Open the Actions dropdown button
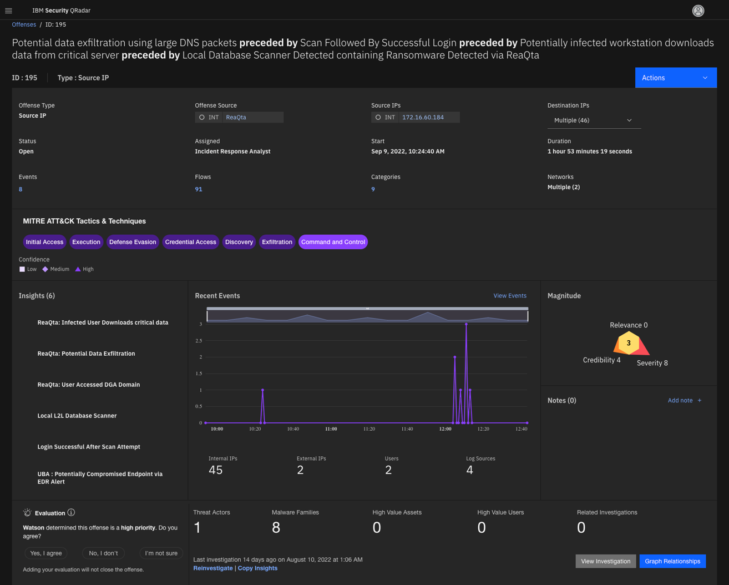pyautogui.click(x=675, y=78)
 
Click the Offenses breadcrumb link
pyautogui.click(x=24, y=24)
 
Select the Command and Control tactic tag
pyautogui.click(x=333, y=242)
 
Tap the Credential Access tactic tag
pyautogui.click(x=190, y=242)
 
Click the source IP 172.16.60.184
pyautogui.click(x=423, y=117)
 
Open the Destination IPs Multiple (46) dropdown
pyautogui.click(x=593, y=120)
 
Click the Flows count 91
pyautogui.click(x=199, y=189)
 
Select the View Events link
pyautogui.click(x=509, y=296)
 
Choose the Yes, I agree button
pyautogui.click(x=46, y=553)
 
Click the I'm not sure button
pyautogui.click(x=161, y=553)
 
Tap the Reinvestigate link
pyautogui.click(x=213, y=568)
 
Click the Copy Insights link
pyautogui.click(x=257, y=568)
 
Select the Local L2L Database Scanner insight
pyautogui.click(x=77, y=416)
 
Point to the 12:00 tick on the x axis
pyautogui.click(x=445, y=428)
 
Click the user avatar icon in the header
pyautogui.click(x=698, y=11)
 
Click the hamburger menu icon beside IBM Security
pyautogui.click(x=9, y=11)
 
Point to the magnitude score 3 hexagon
pyautogui.click(x=629, y=343)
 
